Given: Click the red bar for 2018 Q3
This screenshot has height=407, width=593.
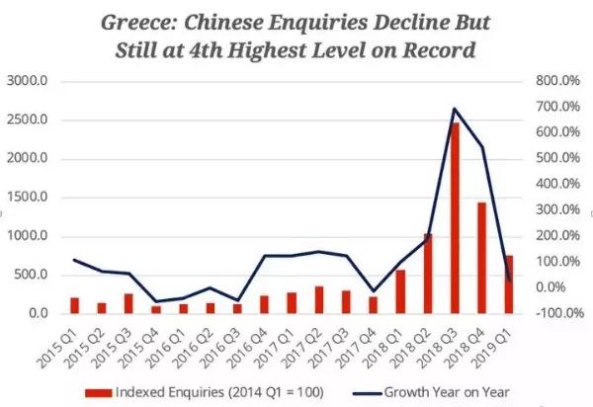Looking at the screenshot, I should coord(454,218).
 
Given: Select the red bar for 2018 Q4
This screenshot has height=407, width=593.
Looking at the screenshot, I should coord(480,258).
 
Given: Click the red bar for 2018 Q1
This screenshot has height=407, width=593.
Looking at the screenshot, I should coord(400,291).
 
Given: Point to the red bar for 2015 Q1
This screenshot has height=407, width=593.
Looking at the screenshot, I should coord(74,305).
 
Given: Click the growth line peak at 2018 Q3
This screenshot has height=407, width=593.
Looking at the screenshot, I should coord(454,109).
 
